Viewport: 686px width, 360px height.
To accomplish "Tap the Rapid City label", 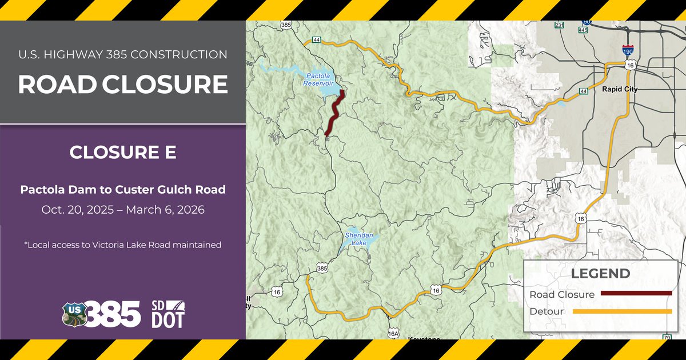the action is [x=620, y=90].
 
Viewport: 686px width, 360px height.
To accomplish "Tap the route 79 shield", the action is [x=666, y=338].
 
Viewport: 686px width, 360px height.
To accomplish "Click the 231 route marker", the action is [x=559, y=25].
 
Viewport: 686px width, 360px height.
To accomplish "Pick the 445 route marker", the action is [x=583, y=29].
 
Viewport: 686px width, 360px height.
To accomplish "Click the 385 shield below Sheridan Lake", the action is [x=322, y=268].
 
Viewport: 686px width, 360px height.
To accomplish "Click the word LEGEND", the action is [x=600, y=274].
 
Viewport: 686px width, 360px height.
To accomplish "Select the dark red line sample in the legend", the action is [x=636, y=294].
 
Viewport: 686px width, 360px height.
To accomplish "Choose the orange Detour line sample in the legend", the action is [x=621, y=311].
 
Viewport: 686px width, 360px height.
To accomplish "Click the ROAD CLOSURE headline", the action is [x=123, y=85].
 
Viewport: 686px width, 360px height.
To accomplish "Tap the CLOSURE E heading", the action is [x=123, y=153].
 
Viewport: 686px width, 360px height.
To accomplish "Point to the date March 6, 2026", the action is [x=165, y=210].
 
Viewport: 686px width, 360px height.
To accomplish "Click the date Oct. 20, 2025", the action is [x=78, y=210].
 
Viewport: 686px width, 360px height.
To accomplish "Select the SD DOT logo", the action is [x=168, y=314].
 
